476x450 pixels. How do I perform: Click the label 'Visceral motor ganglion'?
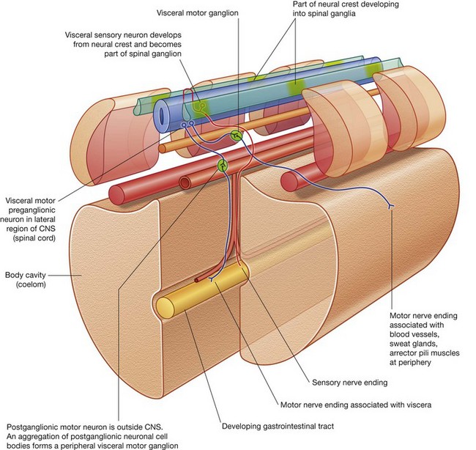point(200,13)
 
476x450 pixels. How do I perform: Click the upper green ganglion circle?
point(236,134)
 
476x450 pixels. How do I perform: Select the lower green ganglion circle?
point(222,165)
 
